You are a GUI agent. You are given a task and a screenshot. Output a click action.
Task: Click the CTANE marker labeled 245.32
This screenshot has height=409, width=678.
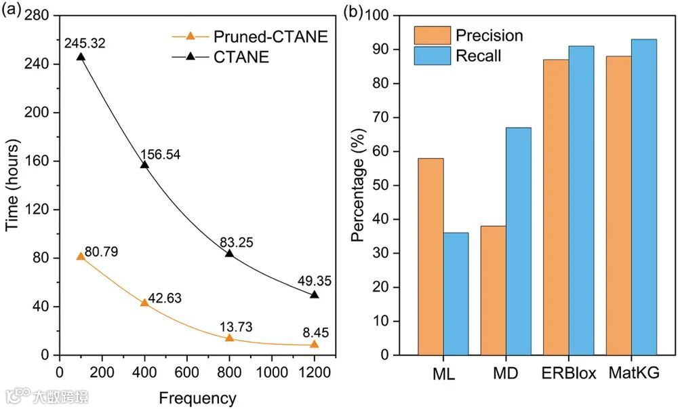[x=81, y=57]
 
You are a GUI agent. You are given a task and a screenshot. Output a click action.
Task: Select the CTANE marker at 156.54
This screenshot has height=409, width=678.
[x=144, y=165]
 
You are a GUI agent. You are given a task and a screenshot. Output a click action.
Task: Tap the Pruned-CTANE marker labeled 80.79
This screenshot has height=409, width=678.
[x=81, y=256]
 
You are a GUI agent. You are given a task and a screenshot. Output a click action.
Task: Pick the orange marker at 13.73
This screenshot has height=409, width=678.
[x=229, y=338]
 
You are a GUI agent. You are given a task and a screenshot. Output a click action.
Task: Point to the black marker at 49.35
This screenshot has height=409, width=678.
[x=314, y=294]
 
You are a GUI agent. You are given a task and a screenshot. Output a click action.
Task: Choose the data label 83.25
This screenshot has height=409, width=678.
[x=235, y=242]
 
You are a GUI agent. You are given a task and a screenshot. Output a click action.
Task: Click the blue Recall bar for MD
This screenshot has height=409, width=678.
[x=518, y=241]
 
